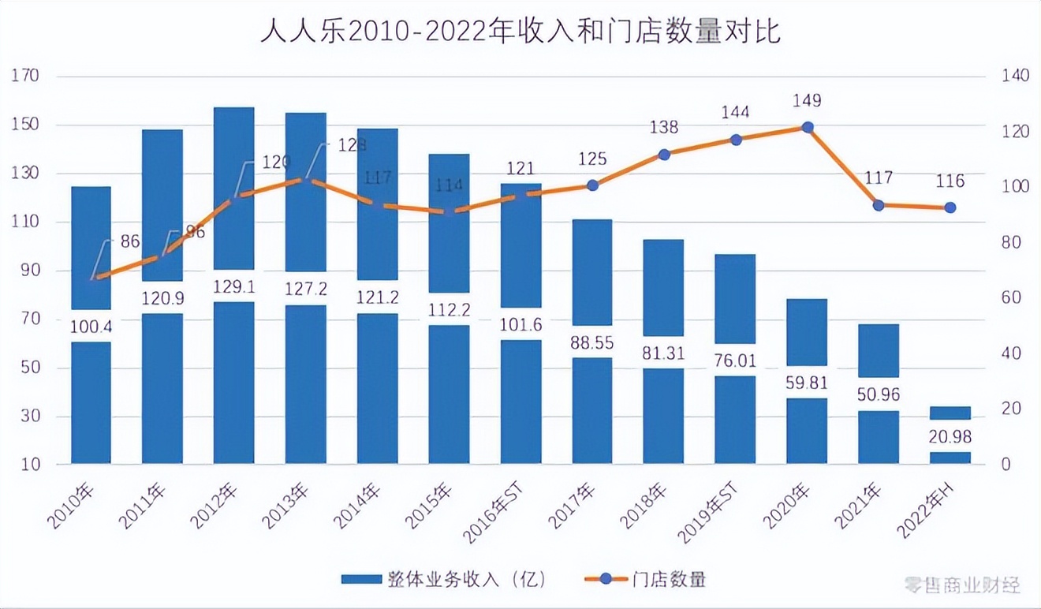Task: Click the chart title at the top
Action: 520,32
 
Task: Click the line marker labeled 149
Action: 807,127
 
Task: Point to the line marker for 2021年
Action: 879,205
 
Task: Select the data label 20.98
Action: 950,436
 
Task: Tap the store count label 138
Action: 664,127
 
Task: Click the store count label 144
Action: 735,112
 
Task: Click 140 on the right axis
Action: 1015,77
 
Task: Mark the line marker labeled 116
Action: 950,207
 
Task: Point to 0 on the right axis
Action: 1006,465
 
